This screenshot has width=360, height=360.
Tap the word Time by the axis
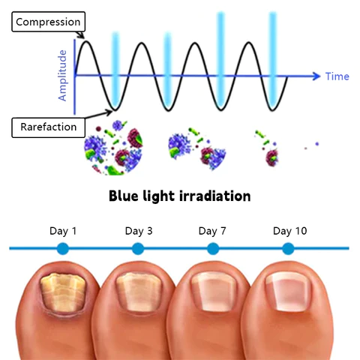(x=337, y=76)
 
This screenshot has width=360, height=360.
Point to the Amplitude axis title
(x=62, y=75)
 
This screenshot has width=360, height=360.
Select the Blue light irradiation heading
(x=179, y=196)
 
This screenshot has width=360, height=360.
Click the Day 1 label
(x=63, y=231)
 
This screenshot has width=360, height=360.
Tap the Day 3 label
(x=139, y=231)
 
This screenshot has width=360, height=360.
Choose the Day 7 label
(x=212, y=231)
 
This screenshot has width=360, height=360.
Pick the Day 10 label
(x=289, y=231)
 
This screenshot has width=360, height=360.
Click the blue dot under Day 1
(x=63, y=248)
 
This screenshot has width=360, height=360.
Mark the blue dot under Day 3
(x=139, y=248)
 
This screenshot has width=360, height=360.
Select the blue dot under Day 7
(x=212, y=248)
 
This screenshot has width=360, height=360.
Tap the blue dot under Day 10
(x=289, y=248)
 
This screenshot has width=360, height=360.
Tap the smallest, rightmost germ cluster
(x=316, y=143)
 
